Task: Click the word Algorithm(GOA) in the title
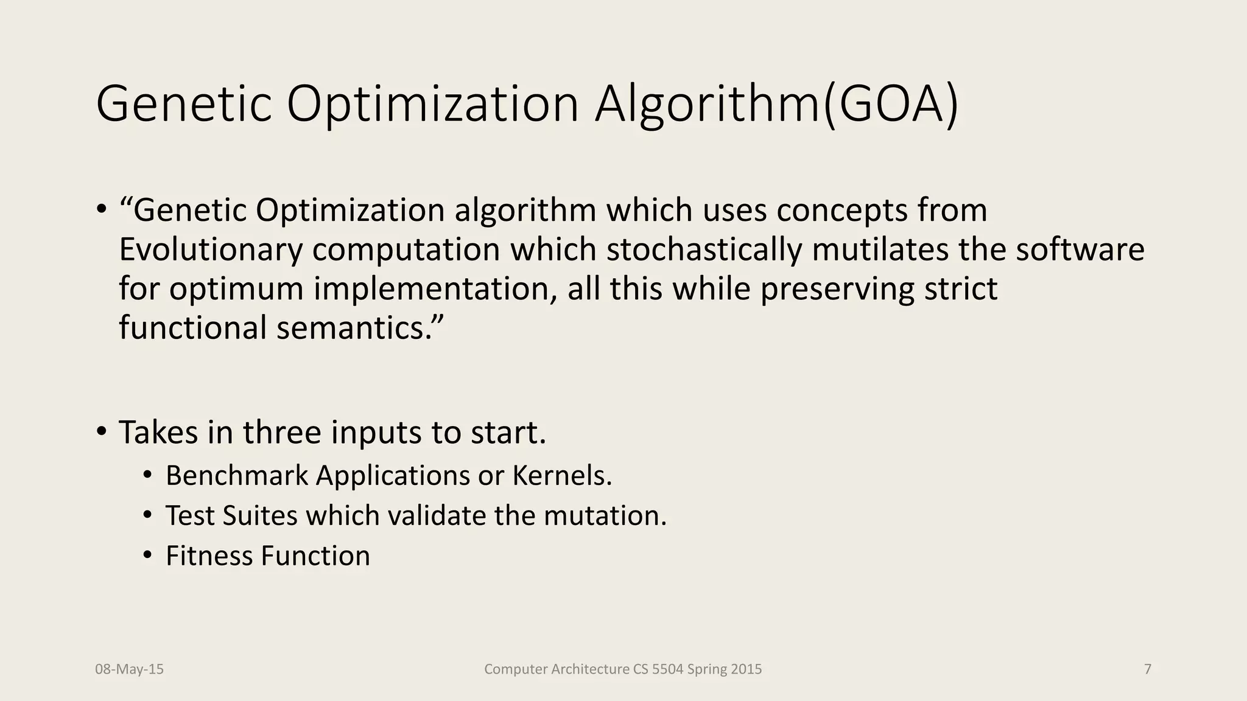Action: click(x=776, y=105)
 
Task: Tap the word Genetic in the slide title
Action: click(x=183, y=105)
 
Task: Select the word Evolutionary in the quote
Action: click(x=210, y=249)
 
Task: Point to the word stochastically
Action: click(x=703, y=249)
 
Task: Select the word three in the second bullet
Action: click(x=282, y=433)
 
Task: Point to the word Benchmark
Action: click(x=237, y=475)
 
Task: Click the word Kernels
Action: click(x=562, y=475)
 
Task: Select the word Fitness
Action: click(x=209, y=556)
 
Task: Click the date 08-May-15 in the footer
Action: click(x=129, y=669)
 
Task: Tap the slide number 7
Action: click(x=1148, y=669)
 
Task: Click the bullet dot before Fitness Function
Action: click(x=147, y=556)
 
